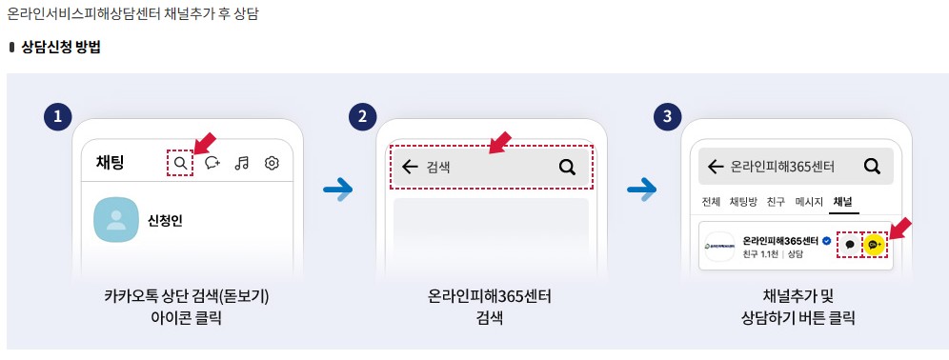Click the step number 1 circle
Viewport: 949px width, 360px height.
58,117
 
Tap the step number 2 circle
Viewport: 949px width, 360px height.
362,117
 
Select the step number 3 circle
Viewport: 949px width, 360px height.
667,117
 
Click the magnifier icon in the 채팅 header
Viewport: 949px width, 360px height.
180,163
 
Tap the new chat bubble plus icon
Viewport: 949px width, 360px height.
212,163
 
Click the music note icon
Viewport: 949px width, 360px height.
242,163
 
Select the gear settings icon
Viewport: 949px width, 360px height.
272,163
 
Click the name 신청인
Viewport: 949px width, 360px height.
165,221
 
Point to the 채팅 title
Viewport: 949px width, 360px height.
110,163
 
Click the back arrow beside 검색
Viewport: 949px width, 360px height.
410,168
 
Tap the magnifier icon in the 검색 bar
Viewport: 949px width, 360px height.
567,168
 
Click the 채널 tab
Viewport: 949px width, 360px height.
842,202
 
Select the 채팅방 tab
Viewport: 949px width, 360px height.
742,202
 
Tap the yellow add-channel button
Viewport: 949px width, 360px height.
875,245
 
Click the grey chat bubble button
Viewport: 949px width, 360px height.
849,245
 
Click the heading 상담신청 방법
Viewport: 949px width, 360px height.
59,47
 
